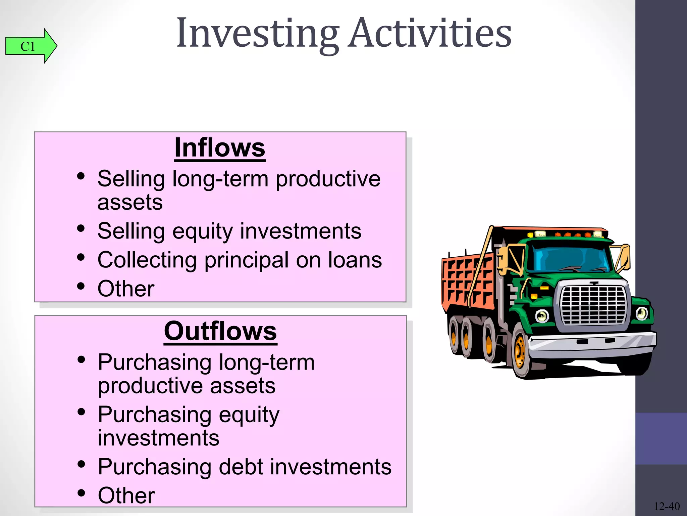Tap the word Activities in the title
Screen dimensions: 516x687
429,34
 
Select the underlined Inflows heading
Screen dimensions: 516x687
220,148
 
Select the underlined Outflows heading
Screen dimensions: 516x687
220,331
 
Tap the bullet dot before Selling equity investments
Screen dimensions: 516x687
81,228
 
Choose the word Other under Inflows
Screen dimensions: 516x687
126,289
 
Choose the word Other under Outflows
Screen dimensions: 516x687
126,495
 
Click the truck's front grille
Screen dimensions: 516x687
593,305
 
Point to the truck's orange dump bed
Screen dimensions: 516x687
466,279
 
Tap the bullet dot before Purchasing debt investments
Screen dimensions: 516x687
81,464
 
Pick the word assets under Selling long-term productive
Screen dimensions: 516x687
130,202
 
